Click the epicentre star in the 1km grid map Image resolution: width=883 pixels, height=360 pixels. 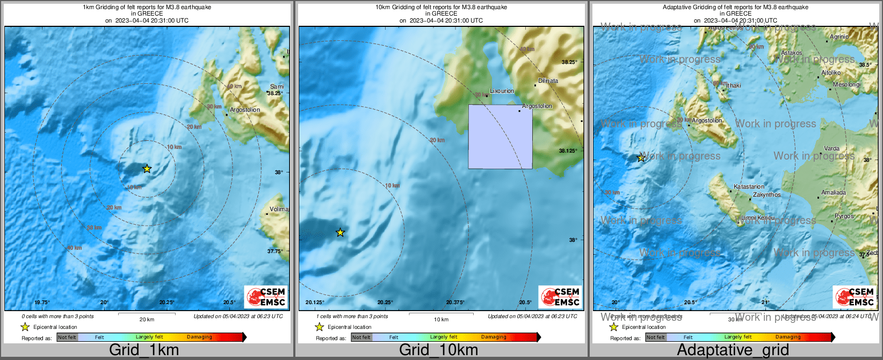click(x=147, y=169)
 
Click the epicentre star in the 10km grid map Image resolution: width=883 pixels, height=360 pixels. click(x=340, y=233)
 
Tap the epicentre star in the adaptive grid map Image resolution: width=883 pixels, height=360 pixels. click(x=641, y=158)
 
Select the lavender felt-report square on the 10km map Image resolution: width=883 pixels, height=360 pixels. click(x=500, y=136)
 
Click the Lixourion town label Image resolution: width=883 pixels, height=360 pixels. click(x=502, y=91)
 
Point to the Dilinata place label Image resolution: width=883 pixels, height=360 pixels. click(x=548, y=81)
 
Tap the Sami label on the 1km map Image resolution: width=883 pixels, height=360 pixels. click(x=277, y=87)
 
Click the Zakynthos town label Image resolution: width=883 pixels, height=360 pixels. click(x=766, y=195)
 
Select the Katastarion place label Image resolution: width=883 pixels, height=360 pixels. click(x=749, y=187)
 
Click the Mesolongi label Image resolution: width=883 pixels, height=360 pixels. click(x=846, y=85)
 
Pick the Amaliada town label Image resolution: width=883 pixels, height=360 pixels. click(x=833, y=193)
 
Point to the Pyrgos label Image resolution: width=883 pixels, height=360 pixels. click(x=844, y=217)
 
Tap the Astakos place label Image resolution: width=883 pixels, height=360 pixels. click(x=791, y=53)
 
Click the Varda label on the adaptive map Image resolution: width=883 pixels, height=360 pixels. click(x=831, y=149)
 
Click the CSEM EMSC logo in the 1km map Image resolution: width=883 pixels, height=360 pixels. click(x=265, y=297)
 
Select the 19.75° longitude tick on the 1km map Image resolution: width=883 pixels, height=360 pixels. click(x=42, y=303)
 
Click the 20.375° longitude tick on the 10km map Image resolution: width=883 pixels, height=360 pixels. click(x=455, y=303)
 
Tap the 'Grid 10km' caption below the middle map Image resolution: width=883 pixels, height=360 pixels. click(x=438, y=350)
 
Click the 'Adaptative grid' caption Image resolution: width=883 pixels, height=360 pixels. click(x=733, y=350)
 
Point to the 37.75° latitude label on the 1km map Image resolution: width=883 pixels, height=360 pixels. click(x=275, y=251)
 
